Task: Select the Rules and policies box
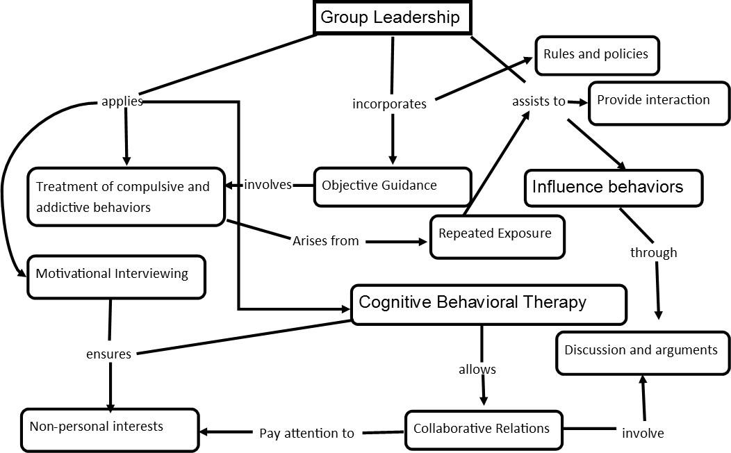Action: click(x=596, y=55)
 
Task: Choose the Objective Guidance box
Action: click(x=393, y=186)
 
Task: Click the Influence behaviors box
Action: click(x=613, y=188)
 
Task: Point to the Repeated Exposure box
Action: click(x=497, y=236)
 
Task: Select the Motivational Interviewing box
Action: click(x=116, y=277)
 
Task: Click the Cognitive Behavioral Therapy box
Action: click(x=488, y=304)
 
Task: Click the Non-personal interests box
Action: click(x=110, y=430)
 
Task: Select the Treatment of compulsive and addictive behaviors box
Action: click(x=126, y=197)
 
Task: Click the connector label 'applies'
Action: click(x=122, y=101)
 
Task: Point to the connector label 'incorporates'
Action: click(x=389, y=104)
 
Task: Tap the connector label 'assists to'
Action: click(x=539, y=101)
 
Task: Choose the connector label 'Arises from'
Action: click(x=325, y=241)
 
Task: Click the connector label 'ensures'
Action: click(x=108, y=354)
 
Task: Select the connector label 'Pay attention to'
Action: click(x=306, y=434)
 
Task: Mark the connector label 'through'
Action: click(x=653, y=253)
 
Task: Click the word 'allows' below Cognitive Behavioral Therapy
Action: click(x=477, y=370)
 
